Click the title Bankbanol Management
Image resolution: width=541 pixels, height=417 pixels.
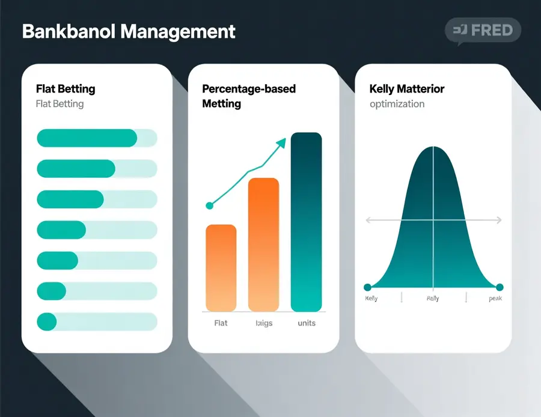(128, 31)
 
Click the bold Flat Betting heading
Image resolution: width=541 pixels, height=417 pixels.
(66, 89)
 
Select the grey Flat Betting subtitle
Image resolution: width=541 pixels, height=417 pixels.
(60, 104)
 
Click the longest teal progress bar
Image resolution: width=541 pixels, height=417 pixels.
(87, 138)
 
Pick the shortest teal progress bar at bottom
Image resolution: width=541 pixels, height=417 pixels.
(47, 321)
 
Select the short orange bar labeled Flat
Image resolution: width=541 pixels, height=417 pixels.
(221, 267)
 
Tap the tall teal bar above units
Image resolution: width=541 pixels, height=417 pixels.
(306, 222)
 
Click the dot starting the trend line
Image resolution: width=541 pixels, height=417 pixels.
(210, 205)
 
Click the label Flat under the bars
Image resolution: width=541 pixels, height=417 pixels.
(221, 323)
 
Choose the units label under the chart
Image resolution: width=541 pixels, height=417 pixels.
(306, 323)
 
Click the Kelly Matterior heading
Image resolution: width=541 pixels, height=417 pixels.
(407, 89)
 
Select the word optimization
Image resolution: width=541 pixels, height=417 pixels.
(397, 104)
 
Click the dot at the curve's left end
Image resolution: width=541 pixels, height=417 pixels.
(367, 287)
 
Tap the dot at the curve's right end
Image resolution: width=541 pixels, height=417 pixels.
(500, 287)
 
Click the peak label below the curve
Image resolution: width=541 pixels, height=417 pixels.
(495, 299)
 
